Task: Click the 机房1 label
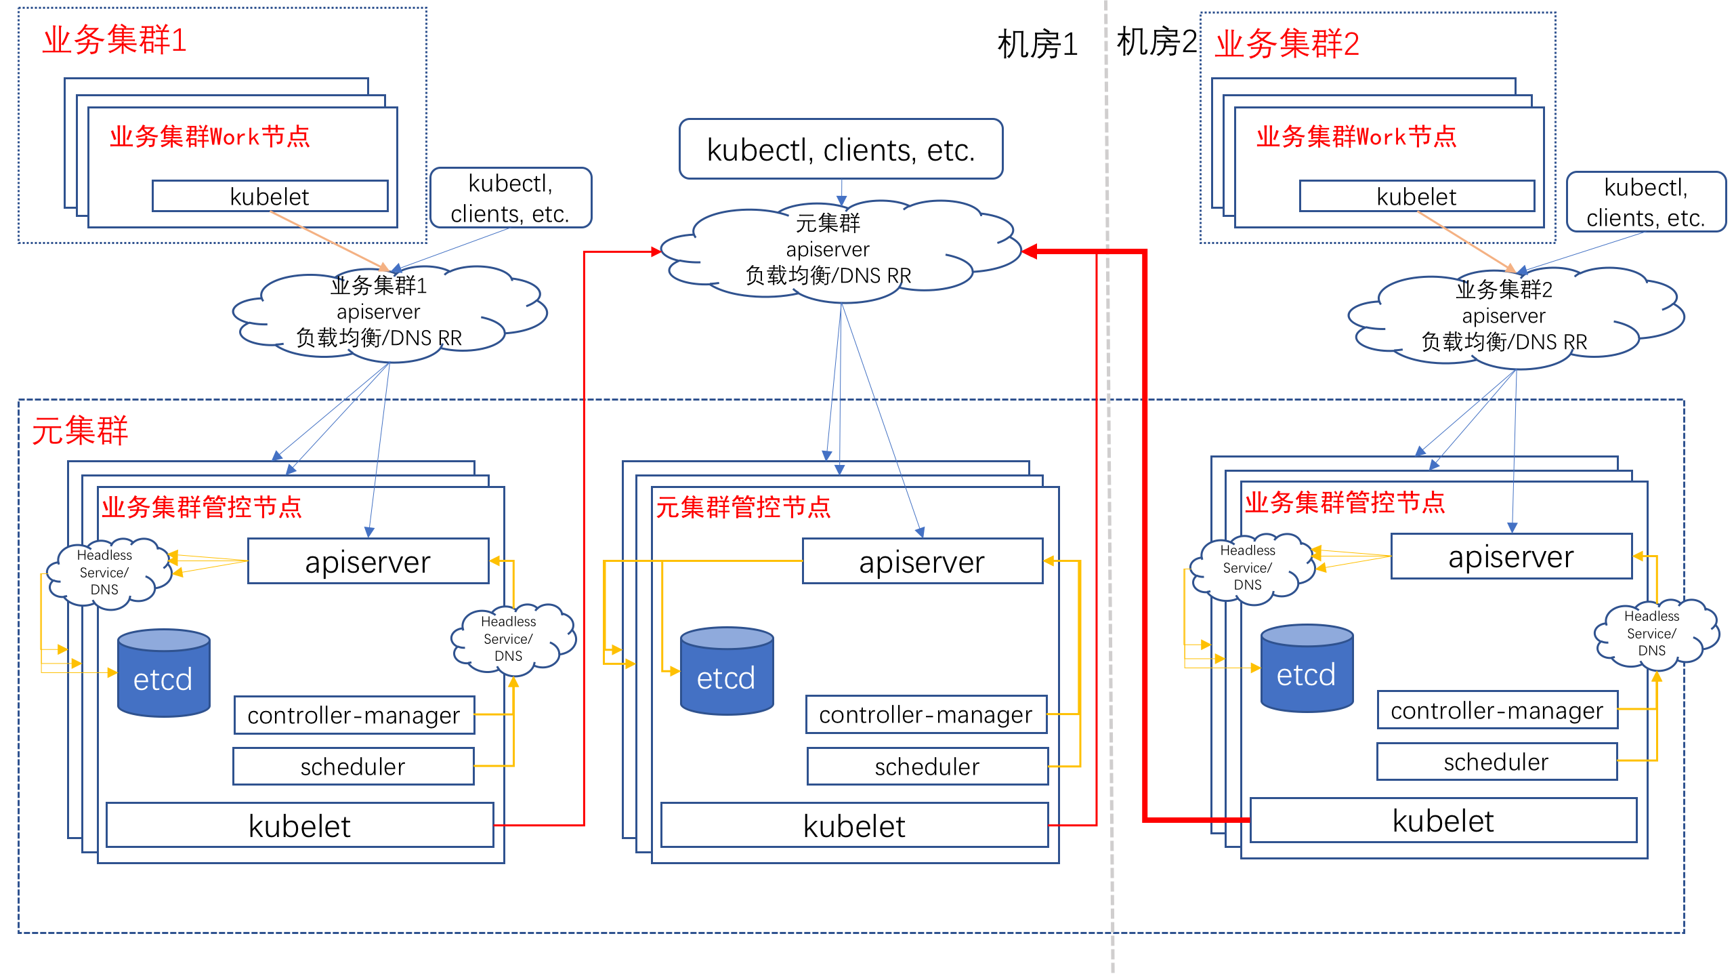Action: click(1037, 45)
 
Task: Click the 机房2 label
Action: click(1156, 42)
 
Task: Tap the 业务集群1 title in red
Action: click(114, 40)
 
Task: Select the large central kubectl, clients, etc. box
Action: click(841, 149)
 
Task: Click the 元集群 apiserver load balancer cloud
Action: click(840, 251)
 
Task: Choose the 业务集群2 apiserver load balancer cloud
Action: click(1516, 317)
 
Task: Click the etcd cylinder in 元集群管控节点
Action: click(727, 670)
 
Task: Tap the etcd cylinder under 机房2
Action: click(1307, 668)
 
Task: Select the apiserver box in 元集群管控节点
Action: click(923, 561)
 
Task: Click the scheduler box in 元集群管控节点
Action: click(927, 766)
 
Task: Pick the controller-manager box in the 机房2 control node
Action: click(1498, 710)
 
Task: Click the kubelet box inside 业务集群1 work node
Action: click(270, 196)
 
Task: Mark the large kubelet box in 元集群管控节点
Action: click(854, 825)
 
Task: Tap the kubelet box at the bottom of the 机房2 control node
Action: click(1443, 820)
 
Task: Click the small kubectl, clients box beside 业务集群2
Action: click(1646, 202)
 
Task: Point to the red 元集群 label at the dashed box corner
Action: click(80, 430)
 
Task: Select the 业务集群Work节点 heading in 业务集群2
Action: click(1356, 136)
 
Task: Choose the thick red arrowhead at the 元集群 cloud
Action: click(1030, 251)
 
